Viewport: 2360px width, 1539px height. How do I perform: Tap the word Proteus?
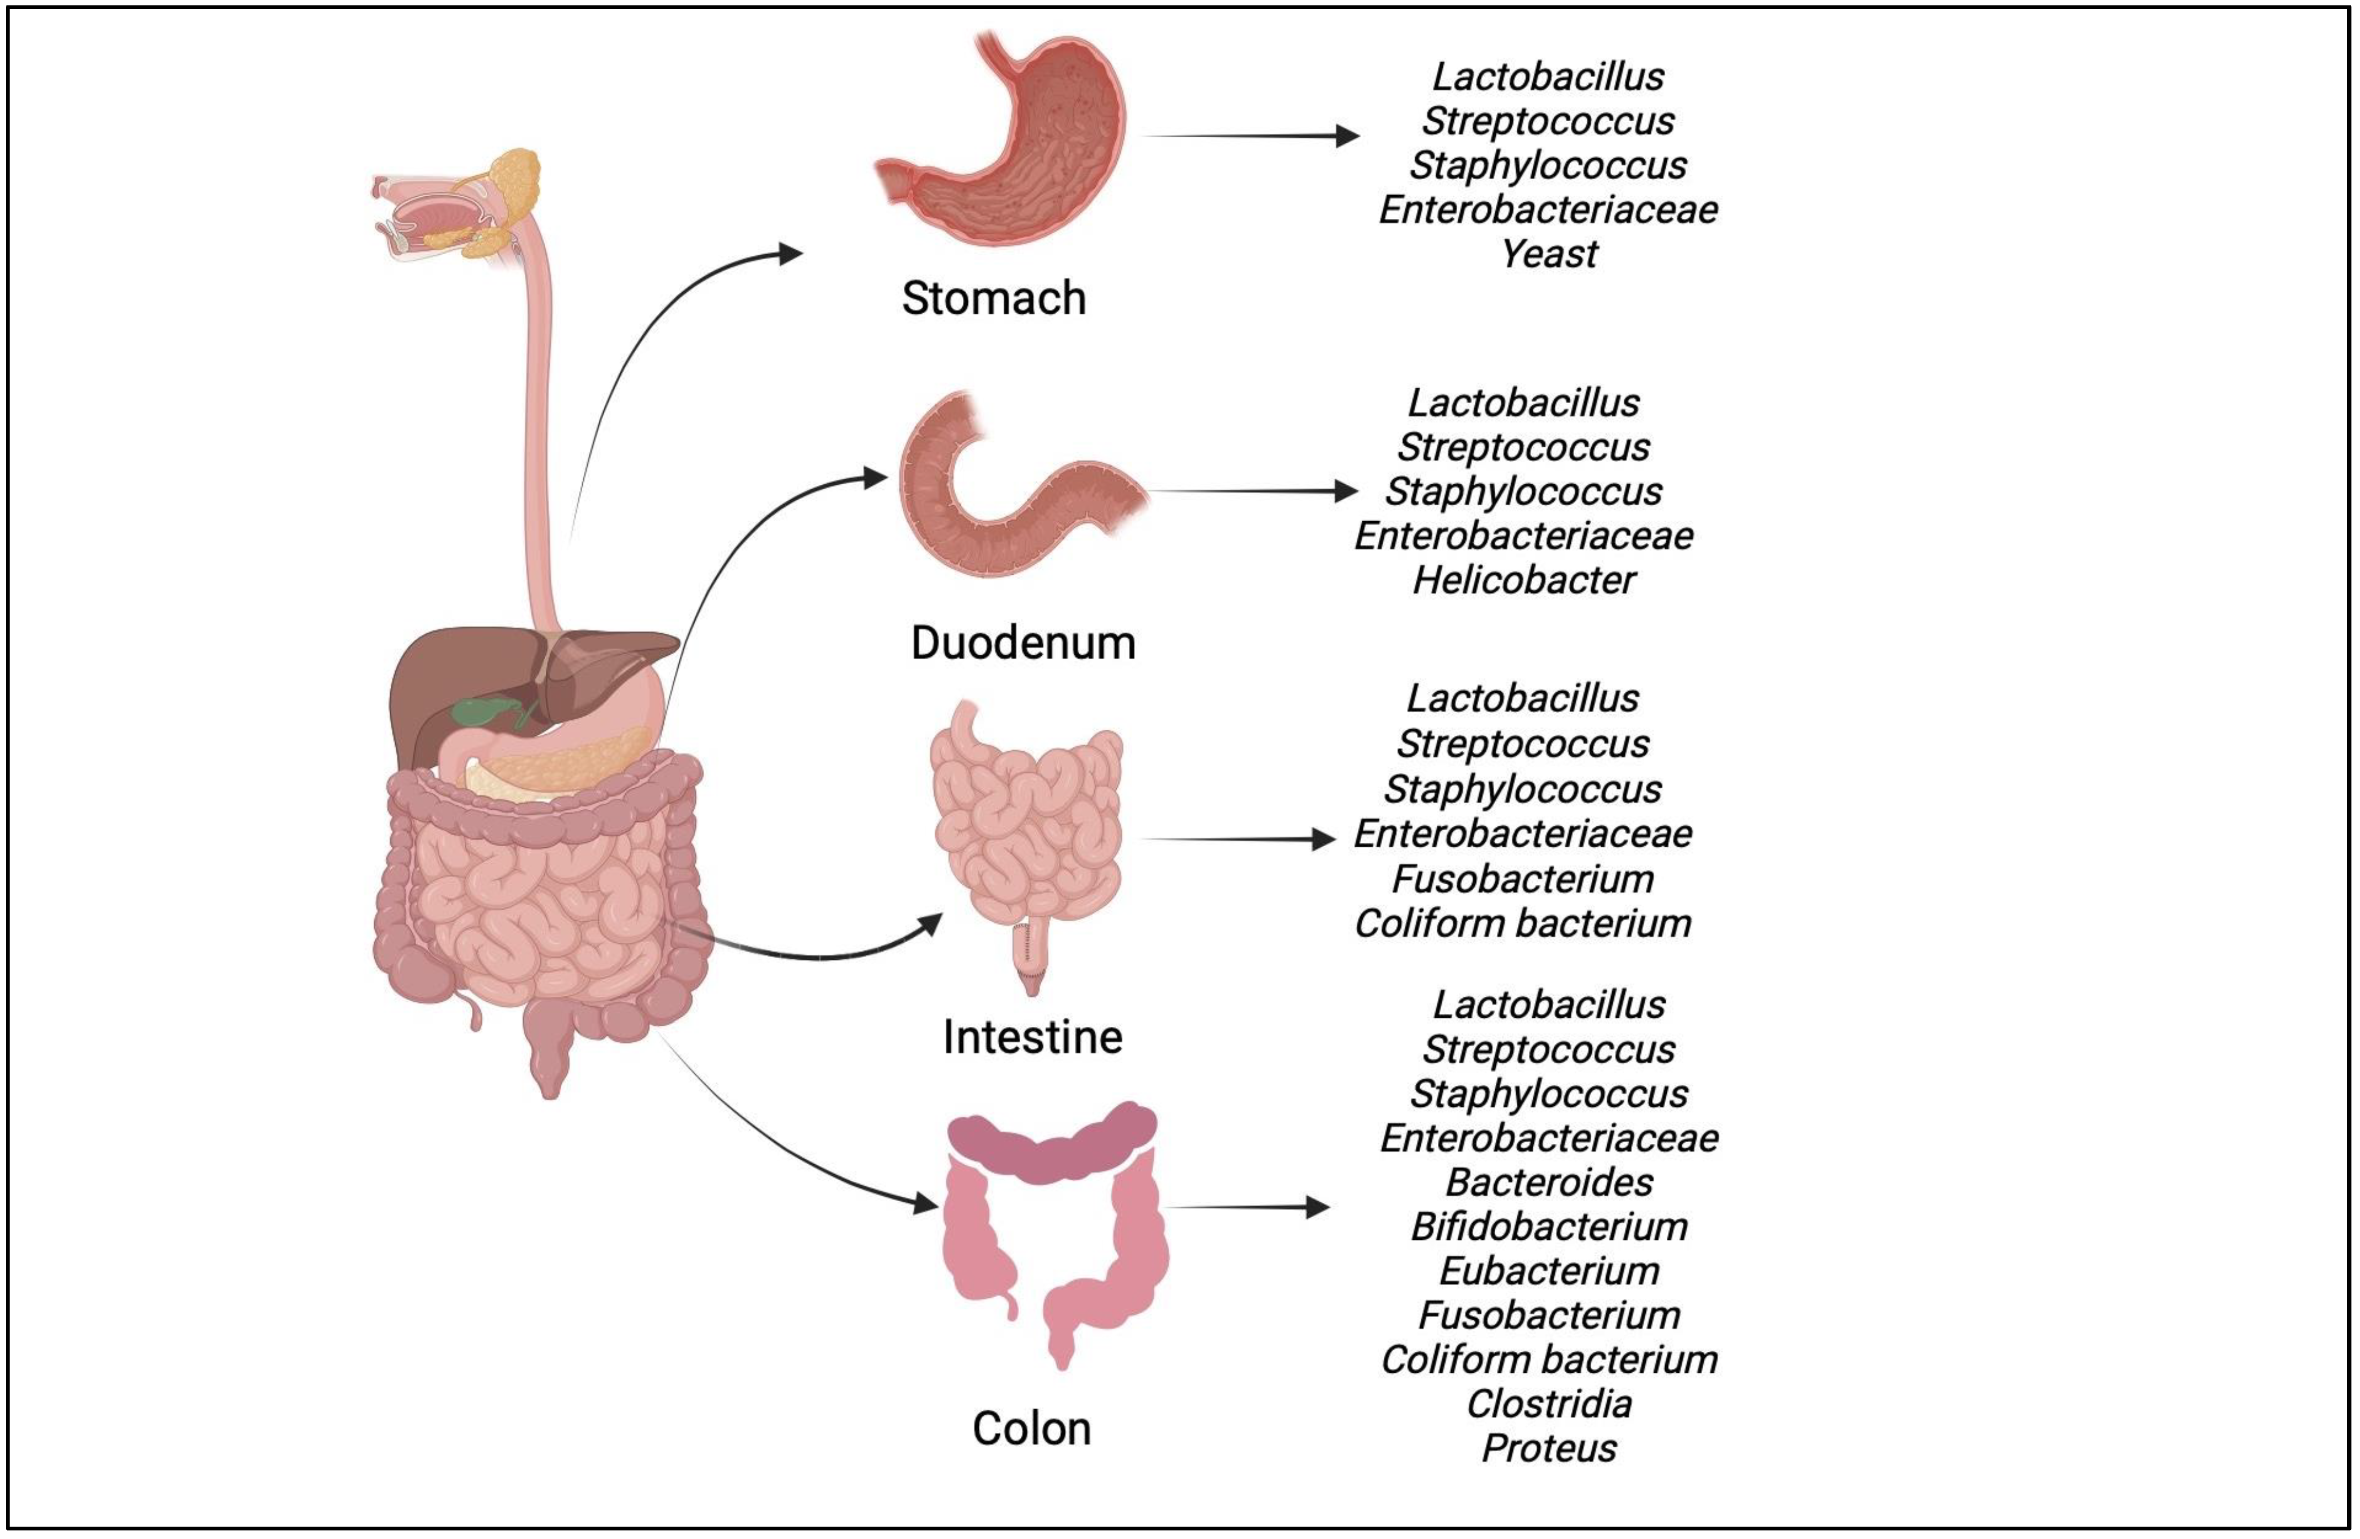pos(1549,1449)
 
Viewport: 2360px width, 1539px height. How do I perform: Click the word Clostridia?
pos(1549,1404)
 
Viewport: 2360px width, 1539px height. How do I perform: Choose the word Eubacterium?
pos(1549,1271)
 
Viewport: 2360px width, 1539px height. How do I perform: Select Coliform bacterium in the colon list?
pos(1549,1359)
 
